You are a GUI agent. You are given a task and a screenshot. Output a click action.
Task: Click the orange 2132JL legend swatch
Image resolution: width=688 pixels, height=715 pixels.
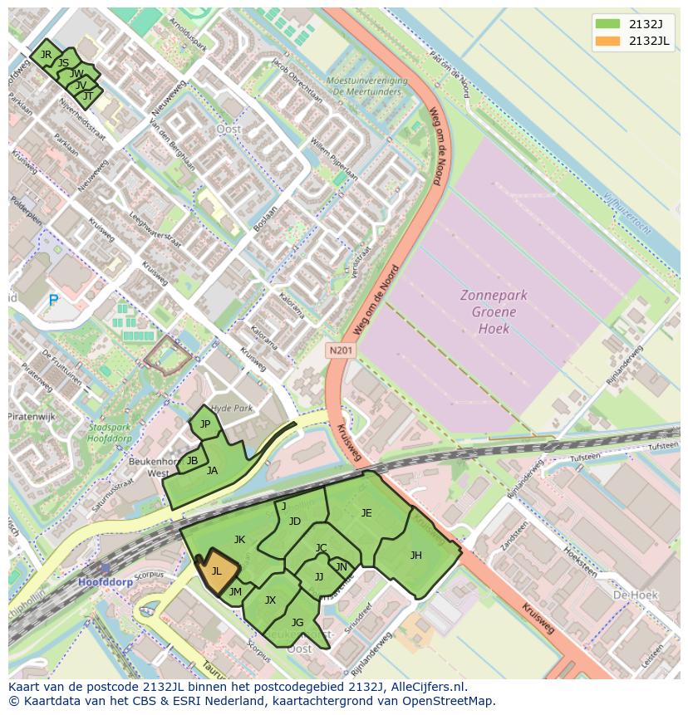pyautogui.click(x=607, y=42)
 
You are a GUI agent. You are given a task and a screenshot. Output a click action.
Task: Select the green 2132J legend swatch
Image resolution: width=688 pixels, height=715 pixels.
pyautogui.click(x=607, y=23)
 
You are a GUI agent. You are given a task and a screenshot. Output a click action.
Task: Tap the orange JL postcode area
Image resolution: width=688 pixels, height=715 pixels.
pyautogui.click(x=217, y=571)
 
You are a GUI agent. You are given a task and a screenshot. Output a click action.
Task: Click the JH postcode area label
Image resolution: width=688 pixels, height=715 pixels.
pyautogui.click(x=415, y=556)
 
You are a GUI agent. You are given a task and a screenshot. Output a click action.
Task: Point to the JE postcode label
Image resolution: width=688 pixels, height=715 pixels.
pyautogui.click(x=366, y=513)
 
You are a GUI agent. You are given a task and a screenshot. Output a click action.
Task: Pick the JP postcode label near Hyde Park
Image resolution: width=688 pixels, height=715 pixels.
pyautogui.click(x=204, y=424)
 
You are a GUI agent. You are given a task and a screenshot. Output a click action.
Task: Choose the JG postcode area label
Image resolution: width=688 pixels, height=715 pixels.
pyautogui.click(x=297, y=623)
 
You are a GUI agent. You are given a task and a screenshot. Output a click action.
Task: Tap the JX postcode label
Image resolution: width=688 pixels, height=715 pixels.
pyautogui.click(x=270, y=600)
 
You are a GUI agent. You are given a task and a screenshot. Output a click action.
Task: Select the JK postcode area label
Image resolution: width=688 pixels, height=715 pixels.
pyautogui.click(x=239, y=540)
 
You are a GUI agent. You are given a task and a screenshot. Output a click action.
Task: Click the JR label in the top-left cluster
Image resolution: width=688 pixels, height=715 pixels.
pyautogui.click(x=46, y=55)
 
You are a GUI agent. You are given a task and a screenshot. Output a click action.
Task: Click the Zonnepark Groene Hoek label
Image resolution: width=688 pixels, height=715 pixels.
pyautogui.click(x=494, y=311)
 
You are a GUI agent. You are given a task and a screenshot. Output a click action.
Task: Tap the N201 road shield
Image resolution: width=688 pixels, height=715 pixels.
pyautogui.click(x=340, y=351)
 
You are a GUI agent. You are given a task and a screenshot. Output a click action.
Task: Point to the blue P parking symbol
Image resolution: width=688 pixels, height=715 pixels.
pyautogui.click(x=54, y=301)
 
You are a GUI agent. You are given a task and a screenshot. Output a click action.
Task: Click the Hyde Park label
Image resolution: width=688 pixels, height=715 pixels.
pyautogui.click(x=232, y=409)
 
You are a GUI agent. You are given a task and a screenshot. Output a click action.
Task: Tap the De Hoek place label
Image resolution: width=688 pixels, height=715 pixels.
pyautogui.click(x=635, y=595)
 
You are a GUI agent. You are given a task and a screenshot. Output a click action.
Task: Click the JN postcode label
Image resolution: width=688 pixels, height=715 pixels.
pyautogui.click(x=342, y=567)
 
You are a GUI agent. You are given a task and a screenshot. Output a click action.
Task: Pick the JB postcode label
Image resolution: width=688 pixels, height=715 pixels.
pyautogui.click(x=192, y=461)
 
